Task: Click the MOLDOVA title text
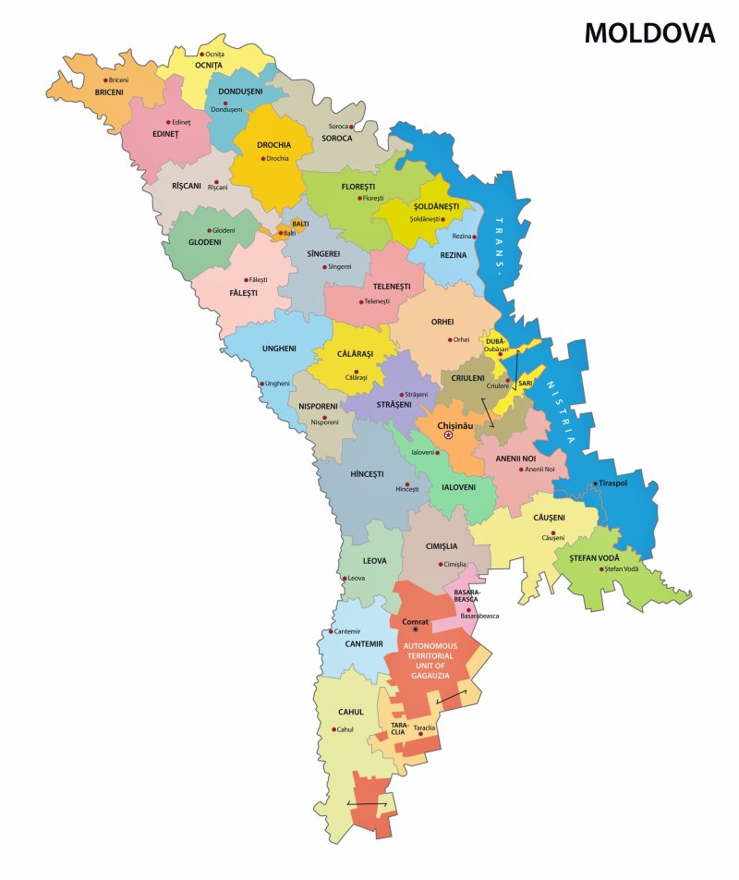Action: pyautogui.click(x=649, y=33)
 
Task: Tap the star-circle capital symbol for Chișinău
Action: pyautogui.click(x=447, y=434)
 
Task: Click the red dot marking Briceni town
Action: pyautogui.click(x=105, y=80)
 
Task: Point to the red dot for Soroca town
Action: pyautogui.click(x=353, y=126)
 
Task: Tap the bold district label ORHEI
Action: pyautogui.click(x=442, y=322)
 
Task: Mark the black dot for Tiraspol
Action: pyautogui.click(x=594, y=483)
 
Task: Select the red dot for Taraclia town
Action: pyautogui.click(x=420, y=735)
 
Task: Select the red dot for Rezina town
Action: pyautogui.click(x=476, y=237)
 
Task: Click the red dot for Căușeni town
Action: pyautogui.click(x=553, y=535)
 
